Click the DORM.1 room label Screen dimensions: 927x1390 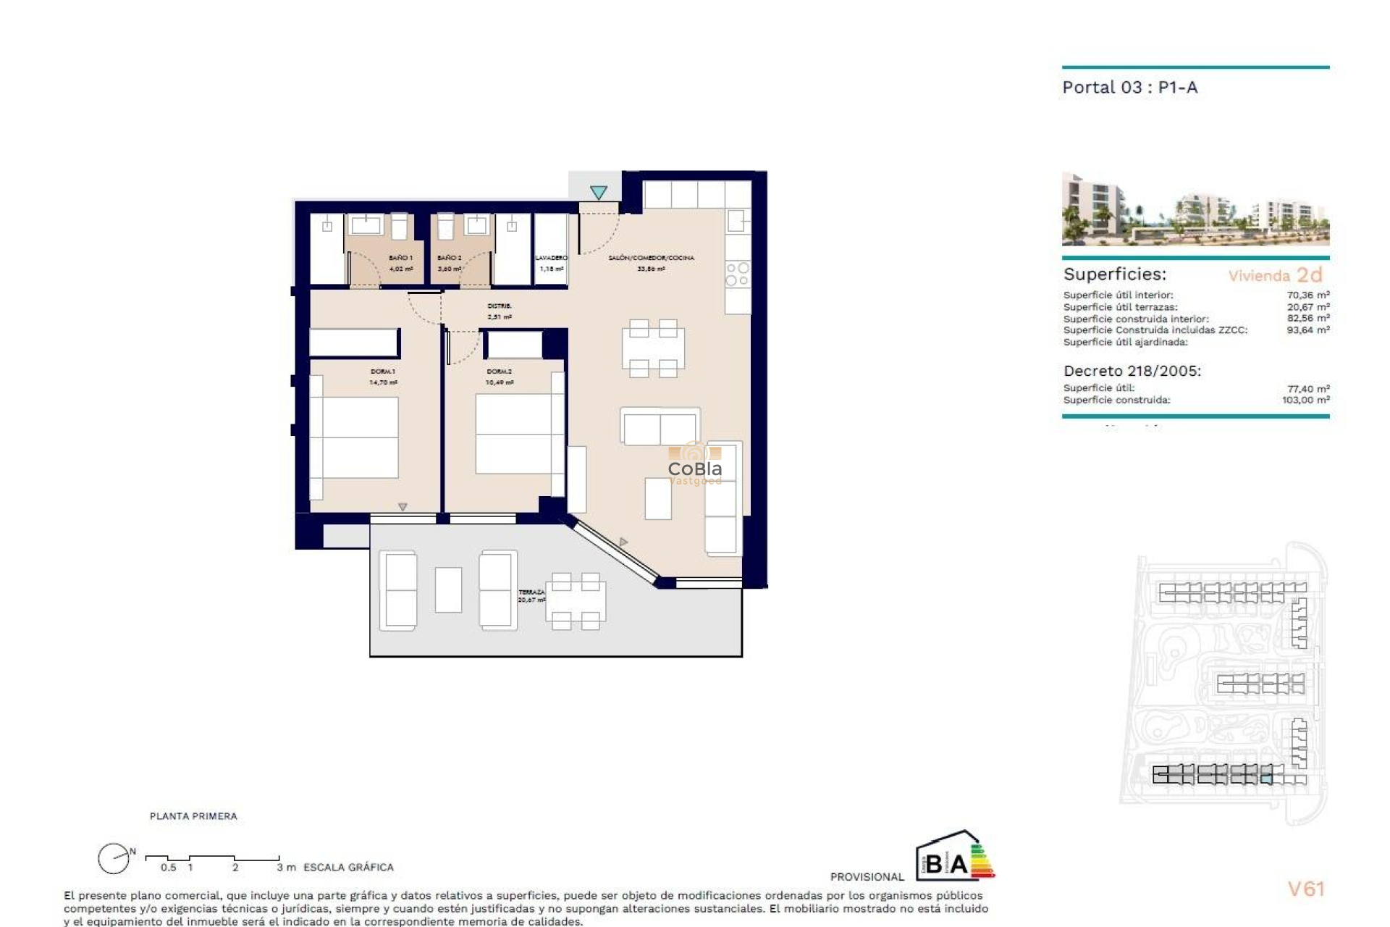pyautogui.click(x=383, y=372)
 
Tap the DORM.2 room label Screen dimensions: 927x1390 pyautogui.click(x=499, y=372)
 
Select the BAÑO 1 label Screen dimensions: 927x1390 pyautogui.click(x=400, y=258)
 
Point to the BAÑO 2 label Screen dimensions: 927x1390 pyautogui.click(x=450, y=258)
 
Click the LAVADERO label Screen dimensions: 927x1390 pyautogui.click(x=551, y=258)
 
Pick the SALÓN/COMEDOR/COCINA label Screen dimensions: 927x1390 pyautogui.click(x=651, y=258)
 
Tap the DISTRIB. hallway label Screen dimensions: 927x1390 pyautogui.click(x=500, y=306)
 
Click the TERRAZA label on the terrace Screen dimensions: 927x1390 pyautogui.click(x=531, y=592)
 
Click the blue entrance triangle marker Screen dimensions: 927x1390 pyautogui.click(x=598, y=193)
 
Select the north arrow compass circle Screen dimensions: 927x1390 pyautogui.click(x=114, y=859)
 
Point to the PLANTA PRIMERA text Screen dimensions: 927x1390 pyautogui.click(x=193, y=816)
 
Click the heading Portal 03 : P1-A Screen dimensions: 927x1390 pyautogui.click(x=1129, y=88)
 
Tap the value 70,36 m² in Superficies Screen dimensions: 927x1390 pyautogui.click(x=1307, y=295)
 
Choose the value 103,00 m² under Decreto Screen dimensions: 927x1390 pyautogui.click(x=1305, y=400)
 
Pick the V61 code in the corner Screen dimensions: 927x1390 pyautogui.click(x=1306, y=889)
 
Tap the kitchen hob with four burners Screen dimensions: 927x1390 pyautogui.click(x=738, y=274)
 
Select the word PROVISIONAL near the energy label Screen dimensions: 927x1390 pyautogui.click(x=867, y=877)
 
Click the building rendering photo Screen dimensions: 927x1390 pyautogui.click(x=1195, y=209)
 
